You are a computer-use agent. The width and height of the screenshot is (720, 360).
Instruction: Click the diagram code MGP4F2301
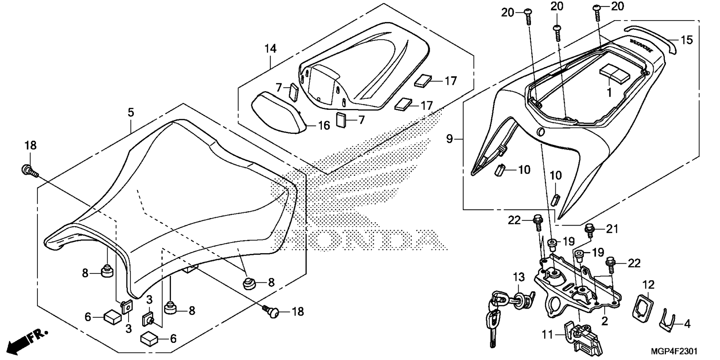[674, 351]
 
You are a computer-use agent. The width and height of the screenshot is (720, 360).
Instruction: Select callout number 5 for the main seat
[130, 112]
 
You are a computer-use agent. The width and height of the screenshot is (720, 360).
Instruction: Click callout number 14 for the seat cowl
[270, 49]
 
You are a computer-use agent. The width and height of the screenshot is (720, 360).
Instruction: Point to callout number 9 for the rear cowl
[450, 139]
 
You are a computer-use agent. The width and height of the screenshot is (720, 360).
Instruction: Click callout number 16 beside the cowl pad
[324, 125]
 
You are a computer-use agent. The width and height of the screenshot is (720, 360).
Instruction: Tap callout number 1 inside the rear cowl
[609, 92]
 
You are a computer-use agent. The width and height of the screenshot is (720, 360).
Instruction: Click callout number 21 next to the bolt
[612, 229]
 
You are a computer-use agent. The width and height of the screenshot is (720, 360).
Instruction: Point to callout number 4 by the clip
[687, 323]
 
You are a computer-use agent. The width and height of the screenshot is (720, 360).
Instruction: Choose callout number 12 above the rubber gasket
[648, 285]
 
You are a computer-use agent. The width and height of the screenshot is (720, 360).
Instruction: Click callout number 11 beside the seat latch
[547, 334]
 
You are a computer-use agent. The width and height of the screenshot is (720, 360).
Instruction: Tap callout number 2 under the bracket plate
[604, 321]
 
